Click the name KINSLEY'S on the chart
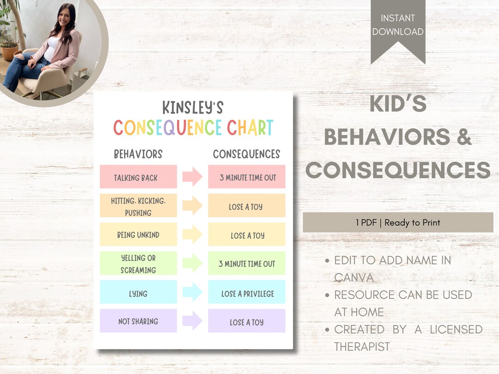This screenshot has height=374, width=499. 193,108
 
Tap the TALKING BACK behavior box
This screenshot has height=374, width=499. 138,177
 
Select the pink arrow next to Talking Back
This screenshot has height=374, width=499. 192,177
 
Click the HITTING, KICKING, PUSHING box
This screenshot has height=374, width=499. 138,206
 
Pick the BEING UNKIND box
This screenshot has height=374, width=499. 138,235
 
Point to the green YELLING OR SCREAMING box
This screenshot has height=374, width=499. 138,264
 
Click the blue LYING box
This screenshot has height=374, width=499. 138,293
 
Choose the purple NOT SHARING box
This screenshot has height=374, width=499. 138,321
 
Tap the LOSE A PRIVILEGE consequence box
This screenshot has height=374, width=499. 247,293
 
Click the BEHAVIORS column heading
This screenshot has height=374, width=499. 138,154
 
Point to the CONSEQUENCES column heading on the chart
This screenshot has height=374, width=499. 247,154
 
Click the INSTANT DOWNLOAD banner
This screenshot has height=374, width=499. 398,26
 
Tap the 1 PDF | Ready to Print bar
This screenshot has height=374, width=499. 398,223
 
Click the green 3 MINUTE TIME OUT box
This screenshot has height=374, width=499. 247,264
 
